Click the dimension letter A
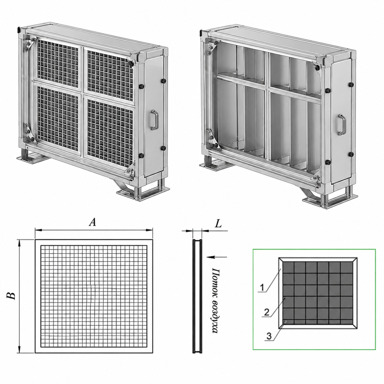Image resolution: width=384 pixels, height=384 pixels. pyautogui.click(x=92, y=222)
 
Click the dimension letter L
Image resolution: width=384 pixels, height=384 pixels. pyautogui.click(x=218, y=224)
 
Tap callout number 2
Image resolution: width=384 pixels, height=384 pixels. pyautogui.click(x=266, y=312)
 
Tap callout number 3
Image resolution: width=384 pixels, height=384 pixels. pyautogui.click(x=269, y=336)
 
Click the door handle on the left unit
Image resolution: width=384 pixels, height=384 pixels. pyautogui.click(x=155, y=119)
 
